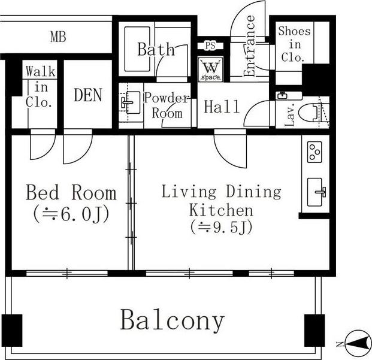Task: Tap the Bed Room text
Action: point(71,192)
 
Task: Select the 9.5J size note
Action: point(221,227)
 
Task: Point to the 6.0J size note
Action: point(71,214)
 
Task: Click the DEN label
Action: point(88,95)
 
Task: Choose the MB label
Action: point(58,37)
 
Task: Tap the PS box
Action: point(210,46)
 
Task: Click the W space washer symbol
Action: point(211,69)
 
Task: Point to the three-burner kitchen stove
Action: point(314,152)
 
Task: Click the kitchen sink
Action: point(316,192)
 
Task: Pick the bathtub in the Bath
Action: point(137,49)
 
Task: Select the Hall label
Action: point(222,107)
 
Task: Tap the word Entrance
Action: point(249,46)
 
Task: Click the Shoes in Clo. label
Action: point(294,44)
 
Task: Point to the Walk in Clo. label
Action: point(40,87)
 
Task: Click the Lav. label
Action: point(290,114)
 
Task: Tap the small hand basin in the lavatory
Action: point(283,96)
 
